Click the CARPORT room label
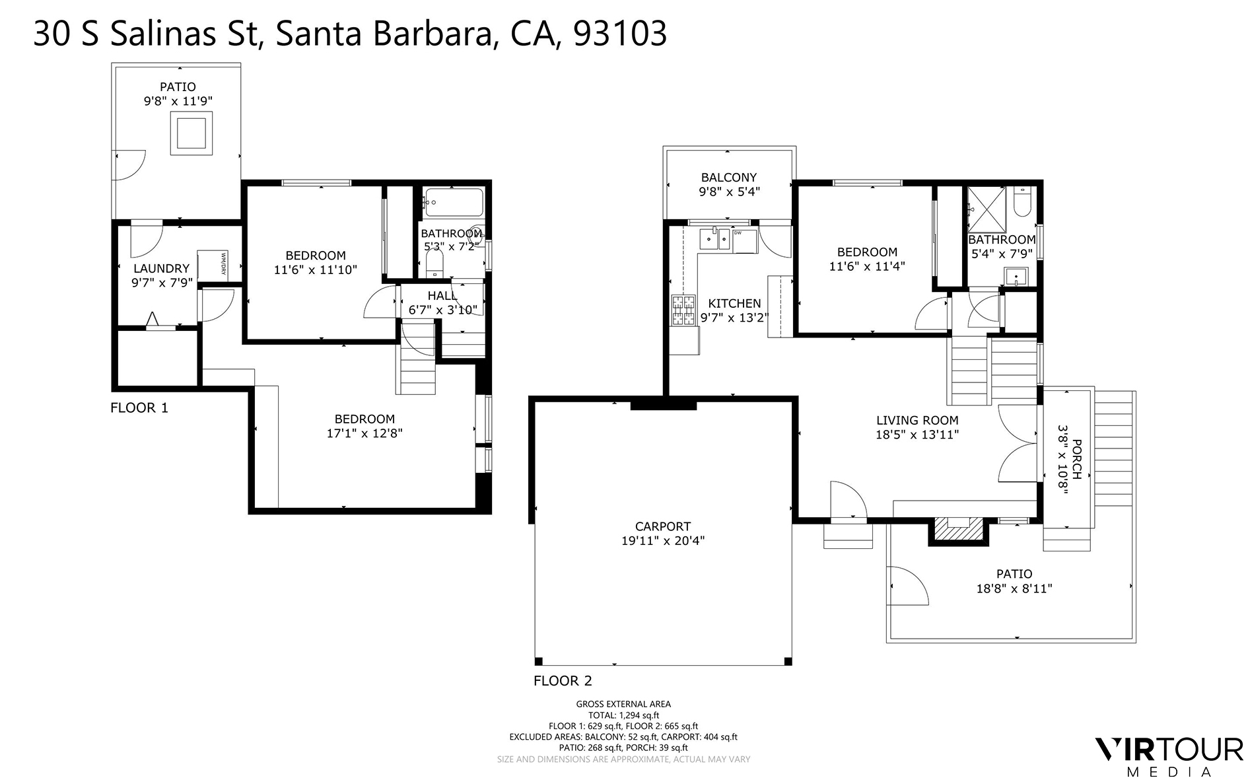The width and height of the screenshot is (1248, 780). click(663, 526)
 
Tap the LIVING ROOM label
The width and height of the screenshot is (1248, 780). click(917, 420)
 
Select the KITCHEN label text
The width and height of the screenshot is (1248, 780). click(734, 303)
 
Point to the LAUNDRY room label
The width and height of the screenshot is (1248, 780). click(161, 268)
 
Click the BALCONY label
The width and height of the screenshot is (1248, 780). click(729, 177)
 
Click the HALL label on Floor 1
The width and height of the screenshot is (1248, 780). click(442, 295)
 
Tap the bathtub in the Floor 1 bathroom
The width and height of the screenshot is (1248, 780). click(454, 203)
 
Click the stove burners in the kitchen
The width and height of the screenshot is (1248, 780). click(683, 310)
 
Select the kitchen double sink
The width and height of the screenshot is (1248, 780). click(714, 239)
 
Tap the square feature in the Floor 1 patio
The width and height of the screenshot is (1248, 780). click(191, 133)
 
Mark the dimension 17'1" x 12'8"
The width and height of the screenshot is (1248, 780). click(364, 433)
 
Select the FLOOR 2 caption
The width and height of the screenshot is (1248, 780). click(563, 681)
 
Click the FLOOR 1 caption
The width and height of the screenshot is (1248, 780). click(139, 408)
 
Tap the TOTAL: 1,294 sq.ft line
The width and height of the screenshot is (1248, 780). click(623, 715)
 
